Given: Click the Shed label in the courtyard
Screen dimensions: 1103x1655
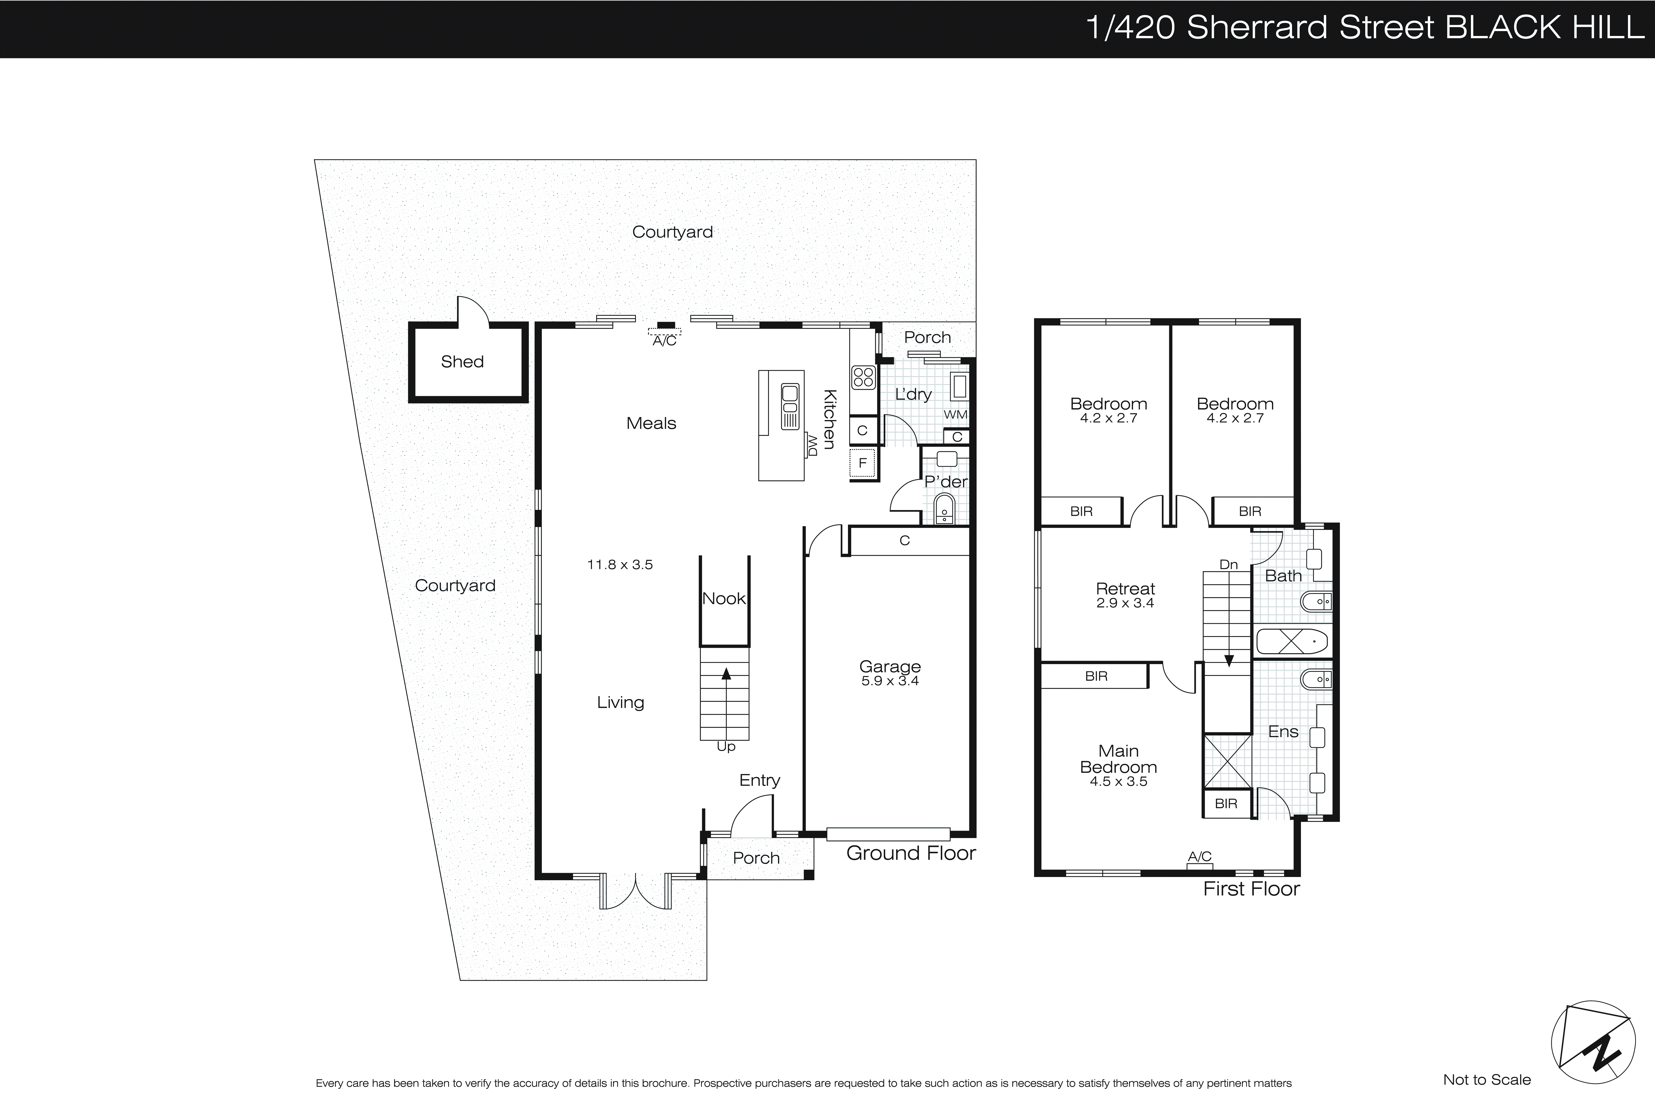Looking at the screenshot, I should pos(462,361).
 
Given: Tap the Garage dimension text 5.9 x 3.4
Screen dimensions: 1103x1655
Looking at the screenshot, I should pos(890,681).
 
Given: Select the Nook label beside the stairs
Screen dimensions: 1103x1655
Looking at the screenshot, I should pos(724,599).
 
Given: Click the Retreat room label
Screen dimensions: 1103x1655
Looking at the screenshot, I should pos(1125,589).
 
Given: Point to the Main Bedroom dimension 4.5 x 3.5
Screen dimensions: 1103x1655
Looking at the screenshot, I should pos(1118,781).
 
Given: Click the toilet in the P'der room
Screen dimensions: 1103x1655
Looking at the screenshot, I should pos(945,509).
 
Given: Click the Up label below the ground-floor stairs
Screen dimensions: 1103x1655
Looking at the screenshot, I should pos(726,747).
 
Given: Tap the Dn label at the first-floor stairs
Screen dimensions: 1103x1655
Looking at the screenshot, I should pos(1228,564).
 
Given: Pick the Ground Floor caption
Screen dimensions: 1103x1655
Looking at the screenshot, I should pos(911,853).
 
